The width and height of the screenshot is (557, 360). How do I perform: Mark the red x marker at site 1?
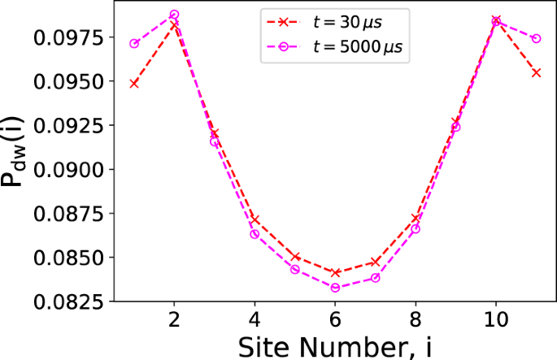(x=134, y=83)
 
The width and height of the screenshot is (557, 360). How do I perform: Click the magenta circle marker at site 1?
(x=134, y=43)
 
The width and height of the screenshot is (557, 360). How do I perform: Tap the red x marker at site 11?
(x=536, y=72)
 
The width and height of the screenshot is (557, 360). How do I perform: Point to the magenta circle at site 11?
(x=536, y=38)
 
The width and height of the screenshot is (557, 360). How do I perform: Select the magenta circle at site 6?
(x=335, y=288)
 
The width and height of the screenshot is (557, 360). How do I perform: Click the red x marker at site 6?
(x=335, y=272)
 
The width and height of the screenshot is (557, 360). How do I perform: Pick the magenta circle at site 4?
(x=255, y=234)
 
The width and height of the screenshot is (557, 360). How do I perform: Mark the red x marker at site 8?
(x=416, y=219)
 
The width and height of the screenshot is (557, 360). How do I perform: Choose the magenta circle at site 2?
(x=174, y=15)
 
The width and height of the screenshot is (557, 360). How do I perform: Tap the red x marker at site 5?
(x=295, y=257)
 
